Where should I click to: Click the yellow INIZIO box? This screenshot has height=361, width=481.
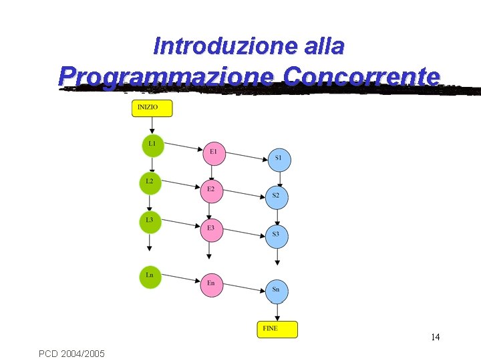click(x=152, y=108)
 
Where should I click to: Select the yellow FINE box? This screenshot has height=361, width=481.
click(x=277, y=329)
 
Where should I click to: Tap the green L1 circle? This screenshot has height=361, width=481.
click(x=152, y=145)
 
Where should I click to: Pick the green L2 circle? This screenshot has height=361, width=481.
click(x=150, y=183)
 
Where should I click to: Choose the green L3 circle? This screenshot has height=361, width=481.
click(x=150, y=221)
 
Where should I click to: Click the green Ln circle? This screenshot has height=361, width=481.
click(x=150, y=277)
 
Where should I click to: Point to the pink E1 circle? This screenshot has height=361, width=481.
click(x=213, y=153)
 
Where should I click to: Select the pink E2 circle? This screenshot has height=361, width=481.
click(x=211, y=191)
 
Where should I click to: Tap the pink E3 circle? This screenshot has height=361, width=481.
click(x=211, y=229)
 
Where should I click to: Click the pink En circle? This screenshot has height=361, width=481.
click(x=211, y=285)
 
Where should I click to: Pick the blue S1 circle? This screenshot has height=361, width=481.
click(x=279, y=159)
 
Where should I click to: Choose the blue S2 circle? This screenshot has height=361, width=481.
click(x=277, y=197)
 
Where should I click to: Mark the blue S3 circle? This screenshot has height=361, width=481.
click(x=277, y=235)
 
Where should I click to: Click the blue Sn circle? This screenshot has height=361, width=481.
click(x=277, y=291)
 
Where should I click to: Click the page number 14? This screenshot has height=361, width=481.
click(x=435, y=337)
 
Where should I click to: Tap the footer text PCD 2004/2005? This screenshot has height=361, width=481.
click(x=71, y=352)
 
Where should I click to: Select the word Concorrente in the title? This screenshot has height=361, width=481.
click(x=361, y=76)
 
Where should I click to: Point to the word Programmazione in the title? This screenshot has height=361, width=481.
click(x=166, y=76)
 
